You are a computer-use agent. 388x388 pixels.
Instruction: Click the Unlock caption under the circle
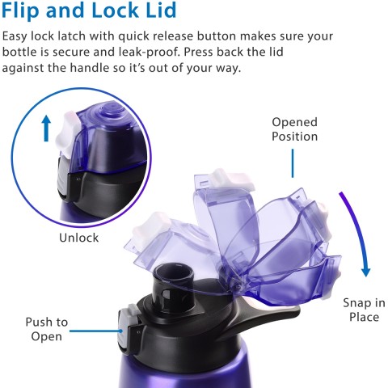click(x=78, y=238)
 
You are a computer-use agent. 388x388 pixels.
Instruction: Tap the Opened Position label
click(x=294, y=129)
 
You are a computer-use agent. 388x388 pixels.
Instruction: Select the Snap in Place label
click(x=364, y=310)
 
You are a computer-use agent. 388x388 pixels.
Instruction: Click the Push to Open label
click(x=46, y=329)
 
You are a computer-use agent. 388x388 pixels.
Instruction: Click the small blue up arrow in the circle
click(x=46, y=129)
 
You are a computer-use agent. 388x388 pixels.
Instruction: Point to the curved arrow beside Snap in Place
click(x=356, y=234)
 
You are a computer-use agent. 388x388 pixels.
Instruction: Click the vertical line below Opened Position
click(x=293, y=162)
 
